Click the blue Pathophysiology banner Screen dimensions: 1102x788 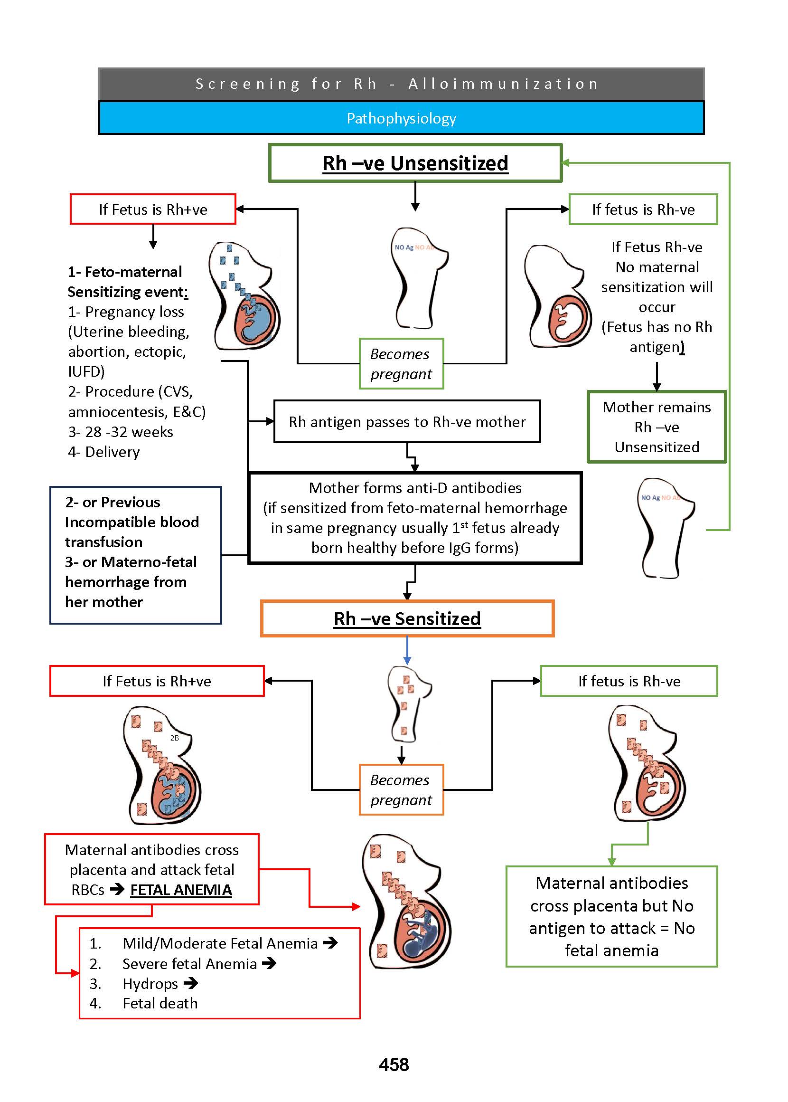[x=401, y=118]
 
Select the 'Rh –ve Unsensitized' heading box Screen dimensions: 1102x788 [x=415, y=163]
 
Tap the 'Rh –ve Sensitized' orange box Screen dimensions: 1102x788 [x=407, y=618]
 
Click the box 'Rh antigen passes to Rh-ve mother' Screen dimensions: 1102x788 [x=407, y=421]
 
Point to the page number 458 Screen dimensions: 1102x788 [x=394, y=1064]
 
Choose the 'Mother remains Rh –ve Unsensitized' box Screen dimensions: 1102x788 [x=657, y=427]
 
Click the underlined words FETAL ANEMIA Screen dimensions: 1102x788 [x=181, y=889]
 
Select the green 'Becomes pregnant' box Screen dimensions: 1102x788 [x=401, y=363]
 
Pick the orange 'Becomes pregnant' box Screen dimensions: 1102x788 [x=401, y=789]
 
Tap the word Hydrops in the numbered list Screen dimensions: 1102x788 [x=150, y=983]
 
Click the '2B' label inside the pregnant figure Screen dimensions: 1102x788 [x=174, y=738]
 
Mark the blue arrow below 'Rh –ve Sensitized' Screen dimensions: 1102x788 [x=407, y=651]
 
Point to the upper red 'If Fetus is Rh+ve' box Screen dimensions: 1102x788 [x=153, y=209]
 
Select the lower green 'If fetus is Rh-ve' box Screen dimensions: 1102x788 [x=629, y=681]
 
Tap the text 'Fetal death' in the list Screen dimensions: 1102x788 [x=160, y=1003]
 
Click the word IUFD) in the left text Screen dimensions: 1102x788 [x=86, y=371]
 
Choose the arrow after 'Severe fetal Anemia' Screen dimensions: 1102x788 [x=269, y=963]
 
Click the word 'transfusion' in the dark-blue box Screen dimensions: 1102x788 [x=104, y=542]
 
